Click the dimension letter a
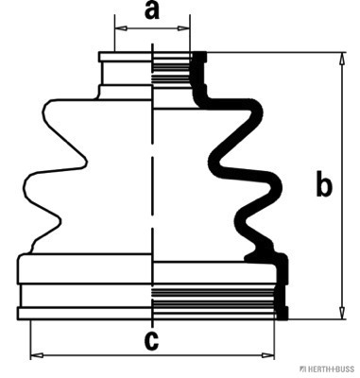tap(152, 11)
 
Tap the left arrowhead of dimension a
tap(121, 28)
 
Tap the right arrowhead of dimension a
tap(184, 28)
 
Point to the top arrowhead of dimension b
tap(341, 59)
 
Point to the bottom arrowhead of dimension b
tap(341, 313)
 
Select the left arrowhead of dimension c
tap(37, 355)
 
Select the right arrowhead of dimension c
tap(268, 355)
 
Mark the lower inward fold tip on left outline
tap(59, 221)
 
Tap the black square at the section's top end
tap(199, 57)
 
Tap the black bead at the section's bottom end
tap(282, 313)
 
